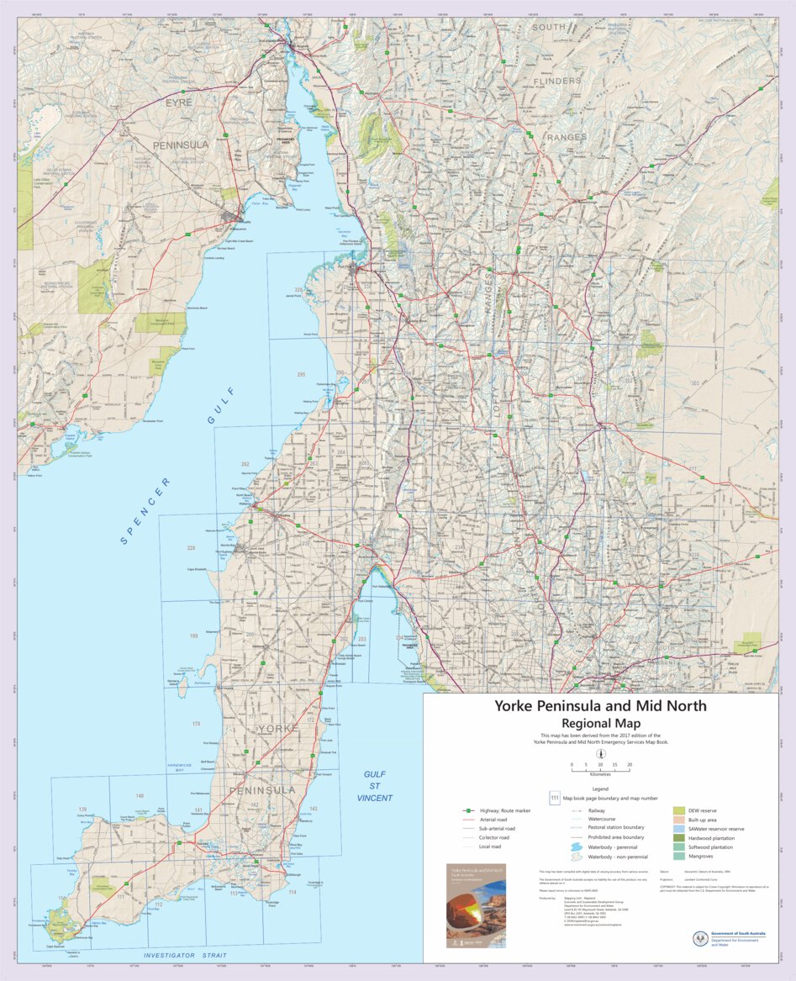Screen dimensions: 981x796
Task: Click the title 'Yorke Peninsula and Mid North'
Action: coord(600,706)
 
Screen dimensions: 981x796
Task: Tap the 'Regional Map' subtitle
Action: coord(600,724)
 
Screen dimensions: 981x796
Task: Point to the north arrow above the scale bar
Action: coord(600,754)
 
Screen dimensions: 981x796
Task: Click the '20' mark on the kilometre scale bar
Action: coord(629,765)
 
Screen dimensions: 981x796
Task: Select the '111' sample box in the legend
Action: coord(555,797)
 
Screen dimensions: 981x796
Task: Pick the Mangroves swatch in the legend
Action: coord(678,857)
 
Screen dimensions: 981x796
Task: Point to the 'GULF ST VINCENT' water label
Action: coord(374,785)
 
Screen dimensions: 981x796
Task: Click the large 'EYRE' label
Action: coord(178,103)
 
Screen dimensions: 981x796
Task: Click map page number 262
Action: coord(245,464)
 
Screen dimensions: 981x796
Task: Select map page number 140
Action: coord(140,795)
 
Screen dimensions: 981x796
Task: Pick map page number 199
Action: coord(194,636)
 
